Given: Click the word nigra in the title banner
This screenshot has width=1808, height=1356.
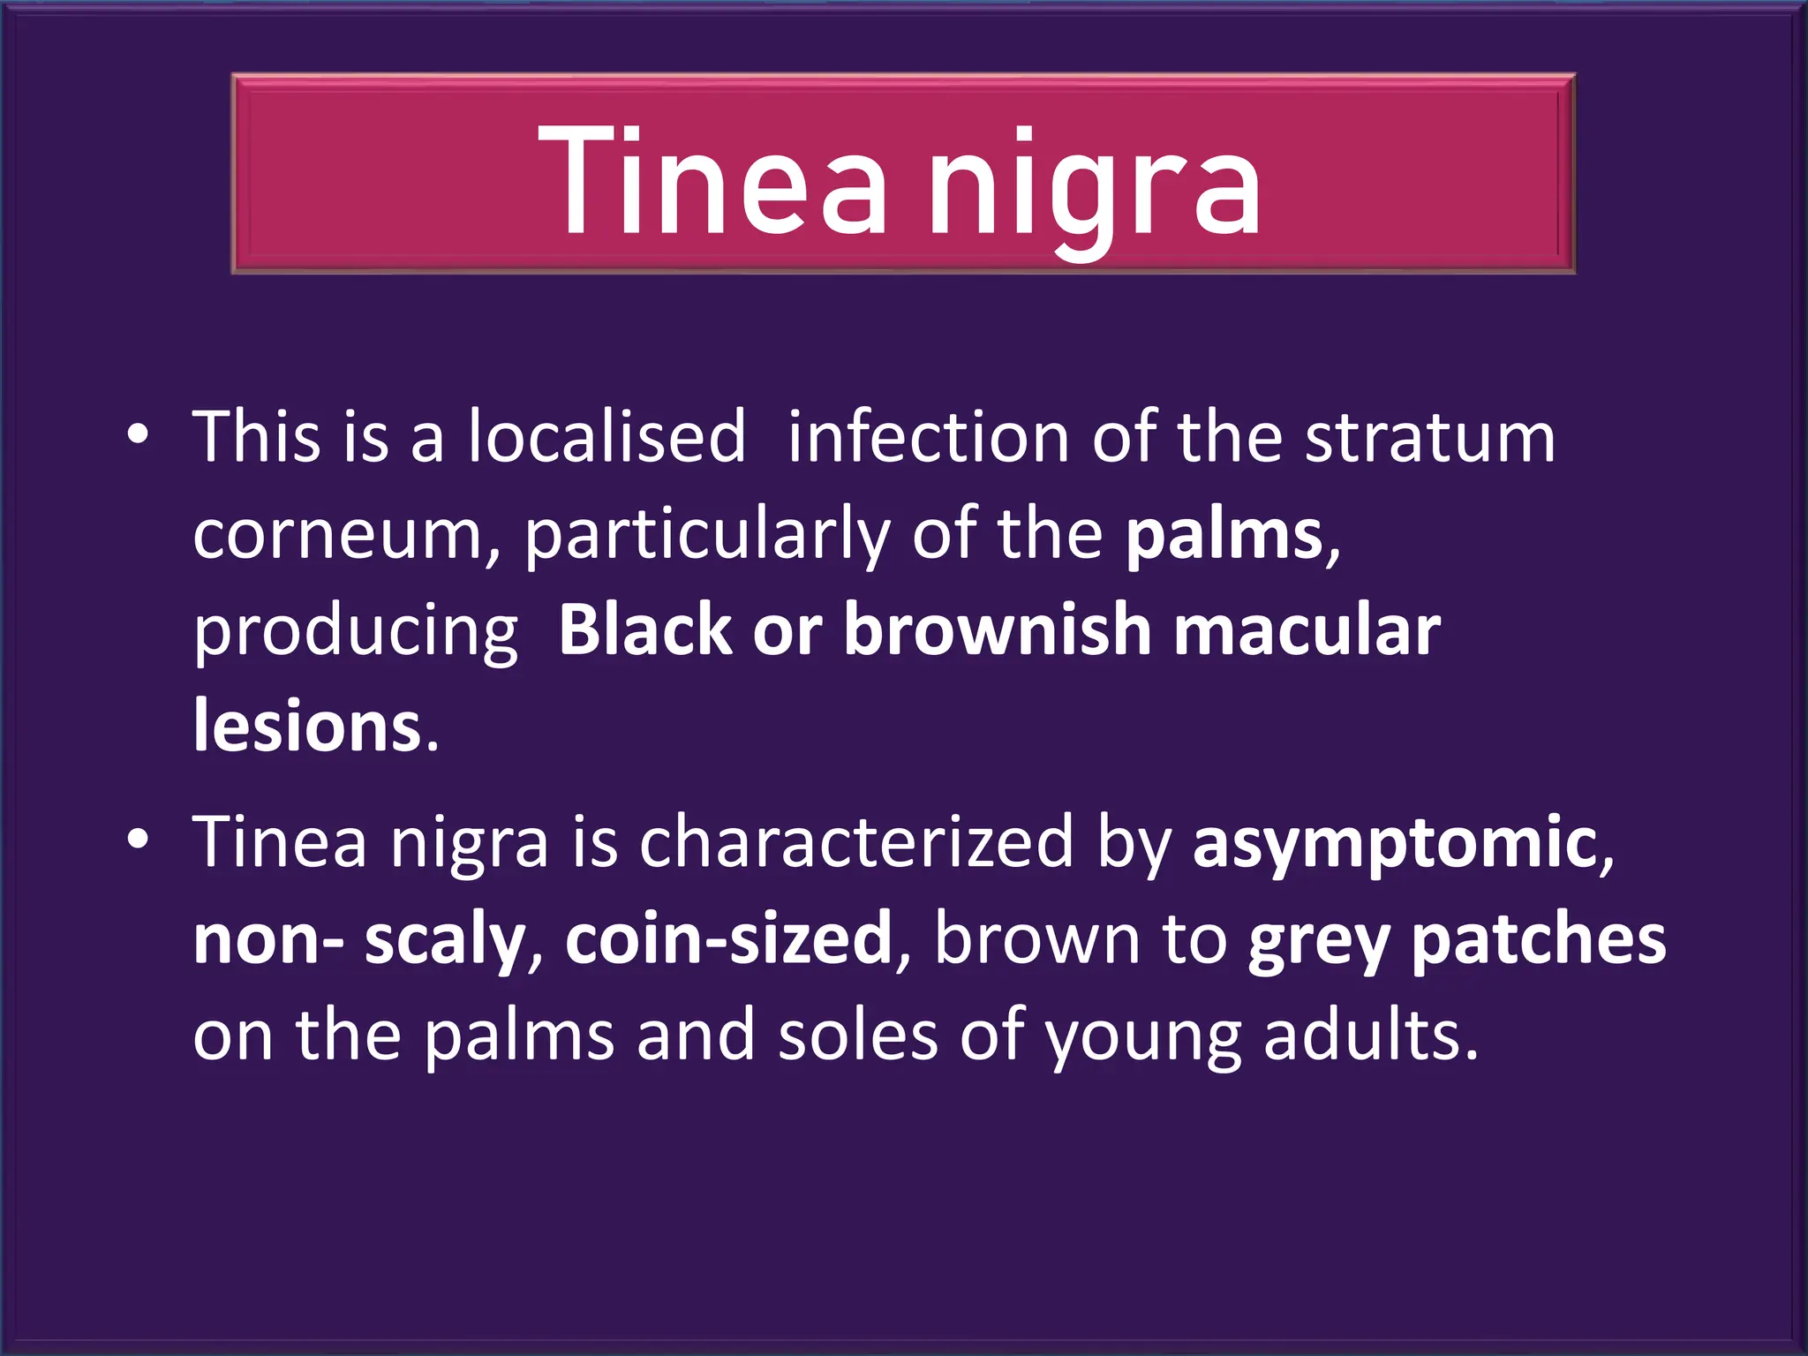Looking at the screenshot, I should pos(1095,185).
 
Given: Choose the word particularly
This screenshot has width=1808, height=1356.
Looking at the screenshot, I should pos(707,536).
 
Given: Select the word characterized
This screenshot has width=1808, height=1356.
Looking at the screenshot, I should pos(855,841).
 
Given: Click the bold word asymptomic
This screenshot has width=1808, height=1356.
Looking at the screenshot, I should pos(1395,843).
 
